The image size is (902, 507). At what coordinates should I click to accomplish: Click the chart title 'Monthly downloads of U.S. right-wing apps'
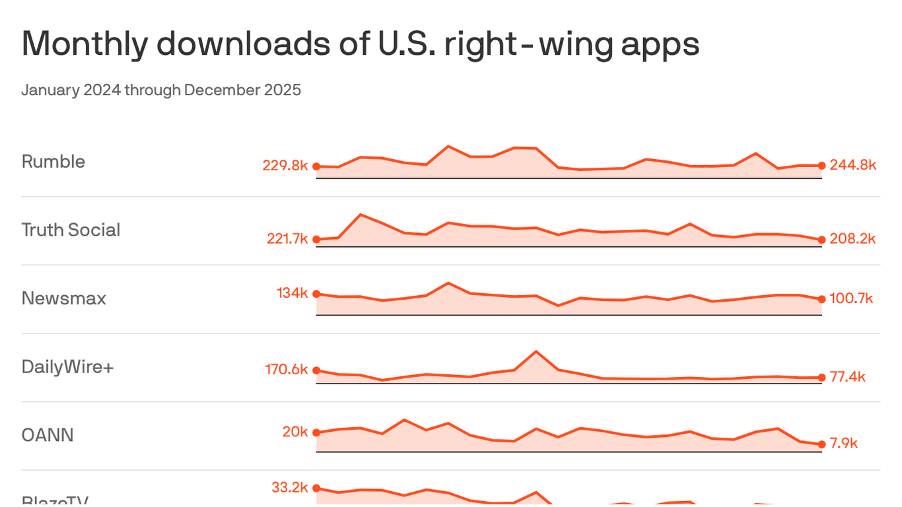(360, 45)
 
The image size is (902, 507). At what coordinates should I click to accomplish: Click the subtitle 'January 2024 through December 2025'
(161, 90)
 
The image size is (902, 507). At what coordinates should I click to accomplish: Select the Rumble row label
(53, 162)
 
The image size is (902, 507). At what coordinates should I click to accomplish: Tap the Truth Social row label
(71, 230)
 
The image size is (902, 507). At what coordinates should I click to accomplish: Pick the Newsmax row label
(63, 298)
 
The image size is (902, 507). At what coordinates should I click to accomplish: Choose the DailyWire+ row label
(67, 366)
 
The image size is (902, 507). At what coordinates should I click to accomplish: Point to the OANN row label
(48, 435)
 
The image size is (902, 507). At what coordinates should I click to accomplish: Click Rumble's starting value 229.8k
(285, 166)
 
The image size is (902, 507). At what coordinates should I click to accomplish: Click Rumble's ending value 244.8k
(852, 165)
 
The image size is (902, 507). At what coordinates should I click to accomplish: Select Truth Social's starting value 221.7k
(287, 239)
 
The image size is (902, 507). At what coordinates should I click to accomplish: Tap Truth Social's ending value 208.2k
(852, 239)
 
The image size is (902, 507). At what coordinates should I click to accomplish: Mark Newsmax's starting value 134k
(293, 293)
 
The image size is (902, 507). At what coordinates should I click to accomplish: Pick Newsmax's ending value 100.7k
(851, 299)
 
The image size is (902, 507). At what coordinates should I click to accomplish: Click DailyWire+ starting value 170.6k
(287, 370)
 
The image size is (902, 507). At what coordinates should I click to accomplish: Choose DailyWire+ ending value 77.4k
(847, 377)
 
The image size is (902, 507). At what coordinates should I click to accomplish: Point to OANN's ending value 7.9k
(843, 443)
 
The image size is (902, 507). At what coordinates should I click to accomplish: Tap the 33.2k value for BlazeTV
(290, 488)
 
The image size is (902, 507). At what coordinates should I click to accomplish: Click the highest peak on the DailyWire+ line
(536, 351)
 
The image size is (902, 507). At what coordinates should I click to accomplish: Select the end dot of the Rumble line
(821, 166)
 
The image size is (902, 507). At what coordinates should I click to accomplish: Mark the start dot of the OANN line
(316, 433)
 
